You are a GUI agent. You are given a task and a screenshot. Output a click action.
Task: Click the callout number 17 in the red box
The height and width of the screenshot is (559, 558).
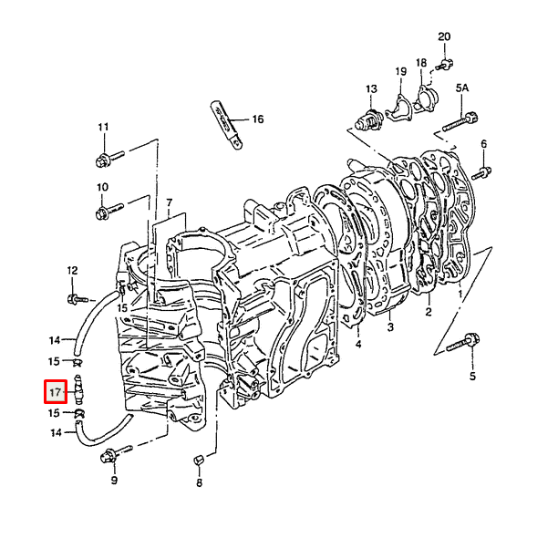coord(56,393)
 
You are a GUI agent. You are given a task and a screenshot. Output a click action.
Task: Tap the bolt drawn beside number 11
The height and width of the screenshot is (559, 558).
coord(103,160)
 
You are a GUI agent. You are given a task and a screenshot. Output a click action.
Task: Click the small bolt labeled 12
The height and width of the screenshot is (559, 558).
coord(75,297)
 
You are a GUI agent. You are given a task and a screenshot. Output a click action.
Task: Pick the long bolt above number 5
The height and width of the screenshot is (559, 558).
coord(463,342)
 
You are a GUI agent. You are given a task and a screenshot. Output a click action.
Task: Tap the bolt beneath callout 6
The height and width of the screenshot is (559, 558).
coord(483,171)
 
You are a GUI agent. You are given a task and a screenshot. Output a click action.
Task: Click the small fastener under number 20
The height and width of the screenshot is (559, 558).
coord(444,63)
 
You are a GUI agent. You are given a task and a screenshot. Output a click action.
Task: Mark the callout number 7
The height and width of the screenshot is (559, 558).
coord(169,201)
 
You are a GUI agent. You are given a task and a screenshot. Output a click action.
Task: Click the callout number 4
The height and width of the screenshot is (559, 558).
coord(358,345)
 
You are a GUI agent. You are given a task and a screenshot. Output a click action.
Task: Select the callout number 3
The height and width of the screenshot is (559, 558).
coord(390,326)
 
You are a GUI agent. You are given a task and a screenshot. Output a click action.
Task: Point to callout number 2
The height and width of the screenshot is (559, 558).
coord(429,312)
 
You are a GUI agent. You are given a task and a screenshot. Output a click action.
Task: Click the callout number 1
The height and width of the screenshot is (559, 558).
coord(461,294)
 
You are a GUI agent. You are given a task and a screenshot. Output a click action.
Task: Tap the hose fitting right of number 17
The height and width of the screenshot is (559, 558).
coord(79,390)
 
